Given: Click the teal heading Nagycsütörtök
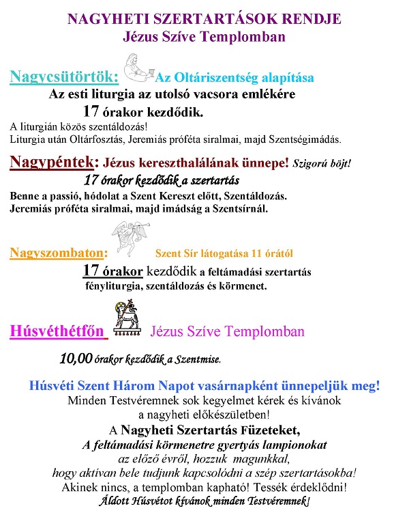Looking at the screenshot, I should (64, 76).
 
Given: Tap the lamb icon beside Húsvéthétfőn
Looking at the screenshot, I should (127, 326).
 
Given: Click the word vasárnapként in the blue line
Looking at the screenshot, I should (245, 385).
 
